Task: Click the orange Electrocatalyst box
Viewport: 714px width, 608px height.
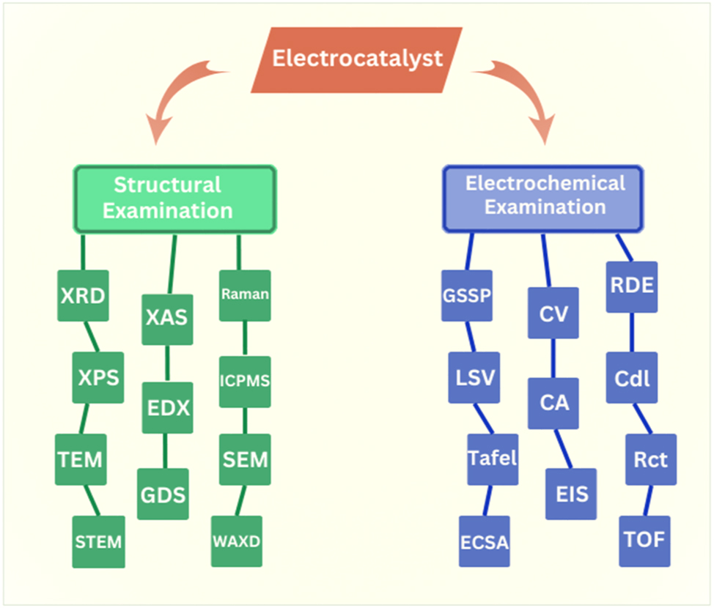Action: tap(357, 59)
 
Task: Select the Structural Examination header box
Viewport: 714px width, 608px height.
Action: tap(174, 198)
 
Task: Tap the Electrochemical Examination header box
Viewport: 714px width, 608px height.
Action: tap(543, 196)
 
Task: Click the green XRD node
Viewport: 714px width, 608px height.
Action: tap(82, 296)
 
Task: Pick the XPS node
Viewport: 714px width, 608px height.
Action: tap(98, 378)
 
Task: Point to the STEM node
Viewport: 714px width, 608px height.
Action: tap(98, 542)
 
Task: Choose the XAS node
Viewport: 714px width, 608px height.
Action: tap(167, 319)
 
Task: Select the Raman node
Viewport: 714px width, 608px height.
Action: tap(245, 295)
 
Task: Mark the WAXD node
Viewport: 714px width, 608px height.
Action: tap(236, 541)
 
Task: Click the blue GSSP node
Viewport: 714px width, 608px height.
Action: tap(467, 296)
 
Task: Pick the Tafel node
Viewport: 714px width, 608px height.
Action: tap(493, 459)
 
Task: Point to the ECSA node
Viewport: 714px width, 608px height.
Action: tap(485, 542)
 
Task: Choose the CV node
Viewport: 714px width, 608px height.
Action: tap(553, 314)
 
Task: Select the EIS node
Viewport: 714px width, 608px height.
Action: tap(572, 494)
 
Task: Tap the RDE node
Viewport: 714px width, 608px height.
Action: tap(632, 286)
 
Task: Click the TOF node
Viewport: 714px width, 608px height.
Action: tap(644, 541)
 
